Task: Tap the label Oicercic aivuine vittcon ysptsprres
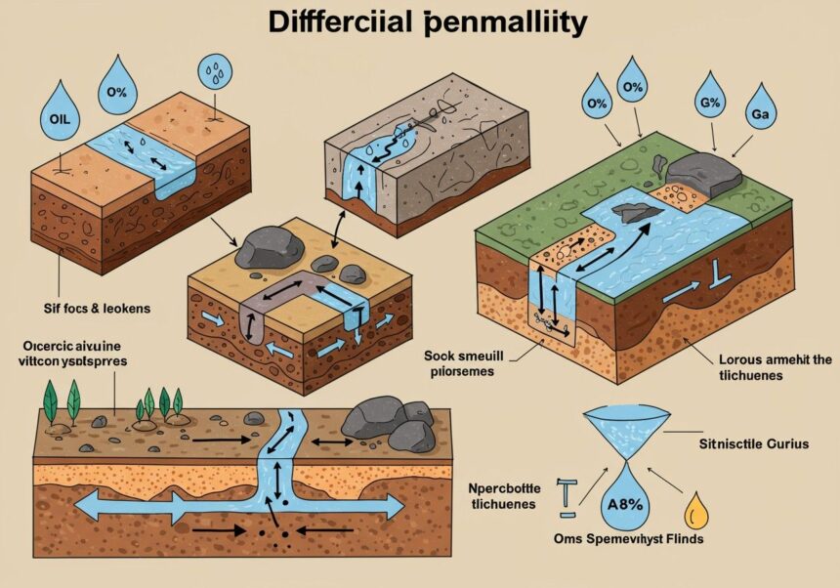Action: pos(76,353)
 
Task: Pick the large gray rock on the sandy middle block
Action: pos(268,246)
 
